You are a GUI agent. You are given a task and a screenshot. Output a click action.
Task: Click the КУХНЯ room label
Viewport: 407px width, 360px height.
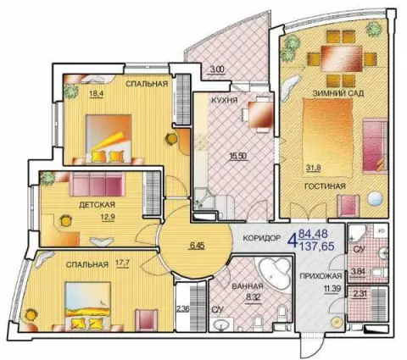point(225,100)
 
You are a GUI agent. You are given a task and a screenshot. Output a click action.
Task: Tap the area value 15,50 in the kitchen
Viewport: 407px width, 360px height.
point(238,156)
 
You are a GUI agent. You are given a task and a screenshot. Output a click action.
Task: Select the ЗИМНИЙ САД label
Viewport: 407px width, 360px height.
point(337,93)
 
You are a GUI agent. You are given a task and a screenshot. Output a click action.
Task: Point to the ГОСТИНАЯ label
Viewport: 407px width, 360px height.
point(325,186)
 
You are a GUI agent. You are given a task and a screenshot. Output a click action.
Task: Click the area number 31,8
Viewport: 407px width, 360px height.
point(314,168)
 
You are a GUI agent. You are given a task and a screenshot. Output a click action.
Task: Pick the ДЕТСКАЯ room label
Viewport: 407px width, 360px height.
point(97,204)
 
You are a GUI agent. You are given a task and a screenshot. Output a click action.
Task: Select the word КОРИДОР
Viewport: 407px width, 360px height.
point(262,238)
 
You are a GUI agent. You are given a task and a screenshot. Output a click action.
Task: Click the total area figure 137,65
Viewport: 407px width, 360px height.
point(316,246)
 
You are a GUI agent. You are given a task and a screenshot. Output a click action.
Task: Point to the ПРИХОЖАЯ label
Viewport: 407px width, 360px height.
point(321,276)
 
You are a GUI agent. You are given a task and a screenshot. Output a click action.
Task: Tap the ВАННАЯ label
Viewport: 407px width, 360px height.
point(248,286)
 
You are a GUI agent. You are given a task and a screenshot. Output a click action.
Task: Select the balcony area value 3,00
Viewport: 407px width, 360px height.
point(217,69)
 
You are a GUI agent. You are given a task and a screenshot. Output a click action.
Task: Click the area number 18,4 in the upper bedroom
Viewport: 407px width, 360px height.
point(96,93)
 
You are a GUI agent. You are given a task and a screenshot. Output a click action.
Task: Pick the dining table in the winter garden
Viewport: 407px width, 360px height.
point(342,59)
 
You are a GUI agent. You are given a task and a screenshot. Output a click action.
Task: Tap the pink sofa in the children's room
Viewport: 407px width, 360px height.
point(98,184)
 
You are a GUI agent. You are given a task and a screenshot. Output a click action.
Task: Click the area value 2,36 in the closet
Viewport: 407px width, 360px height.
point(182,308)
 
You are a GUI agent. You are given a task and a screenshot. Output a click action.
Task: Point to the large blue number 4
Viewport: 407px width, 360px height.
point(293,241)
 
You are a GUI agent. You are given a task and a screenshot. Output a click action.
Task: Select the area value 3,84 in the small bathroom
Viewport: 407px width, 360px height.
point(358,272)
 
